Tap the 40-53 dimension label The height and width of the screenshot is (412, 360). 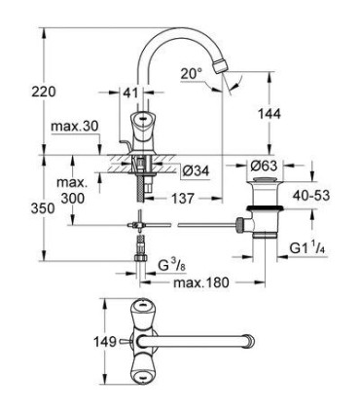click(312, 197)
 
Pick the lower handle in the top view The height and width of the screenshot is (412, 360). click(142, 374)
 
